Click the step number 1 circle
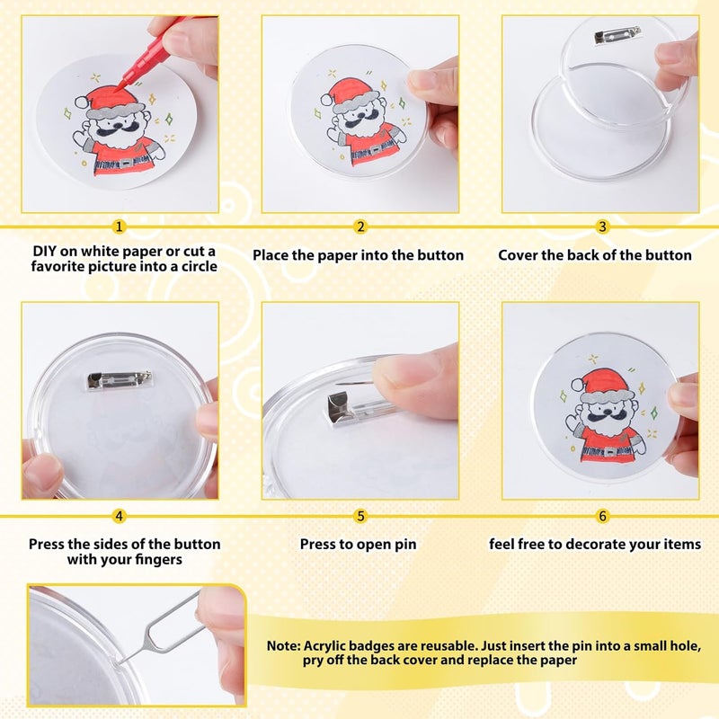click(120, 226)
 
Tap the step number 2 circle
click(359, 226)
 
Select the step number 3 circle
click(602, 226)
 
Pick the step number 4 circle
click(120, 516)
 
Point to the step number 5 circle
click(359, 516)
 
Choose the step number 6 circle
click(602, 516)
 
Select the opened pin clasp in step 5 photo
click(346, 407)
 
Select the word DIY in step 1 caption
click(46, 251)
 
